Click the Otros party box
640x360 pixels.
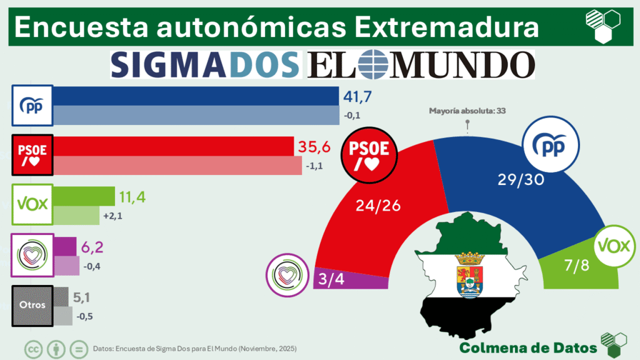(32, 306)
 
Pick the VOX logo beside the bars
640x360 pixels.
(32, 204)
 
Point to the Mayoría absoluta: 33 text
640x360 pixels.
(467, 111)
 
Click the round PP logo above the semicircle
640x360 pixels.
(547, 144)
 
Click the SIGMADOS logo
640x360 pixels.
(205, 64)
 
